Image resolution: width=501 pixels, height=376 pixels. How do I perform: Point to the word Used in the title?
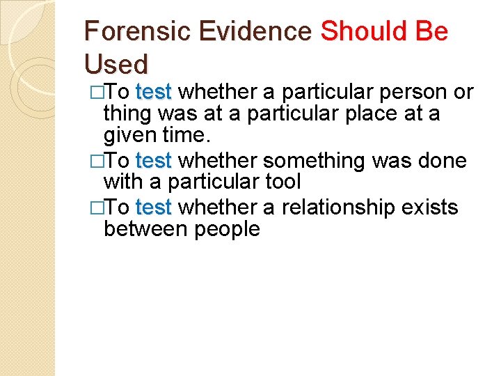(x=116, y=65)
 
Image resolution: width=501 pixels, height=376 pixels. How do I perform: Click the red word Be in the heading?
(x=434, y=31)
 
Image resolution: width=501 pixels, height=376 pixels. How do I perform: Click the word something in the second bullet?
(x=324, y=161)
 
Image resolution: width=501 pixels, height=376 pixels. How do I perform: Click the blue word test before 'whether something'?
(x=154, y=161)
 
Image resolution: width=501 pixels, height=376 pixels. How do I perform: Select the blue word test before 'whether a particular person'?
(x=154, y=92)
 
